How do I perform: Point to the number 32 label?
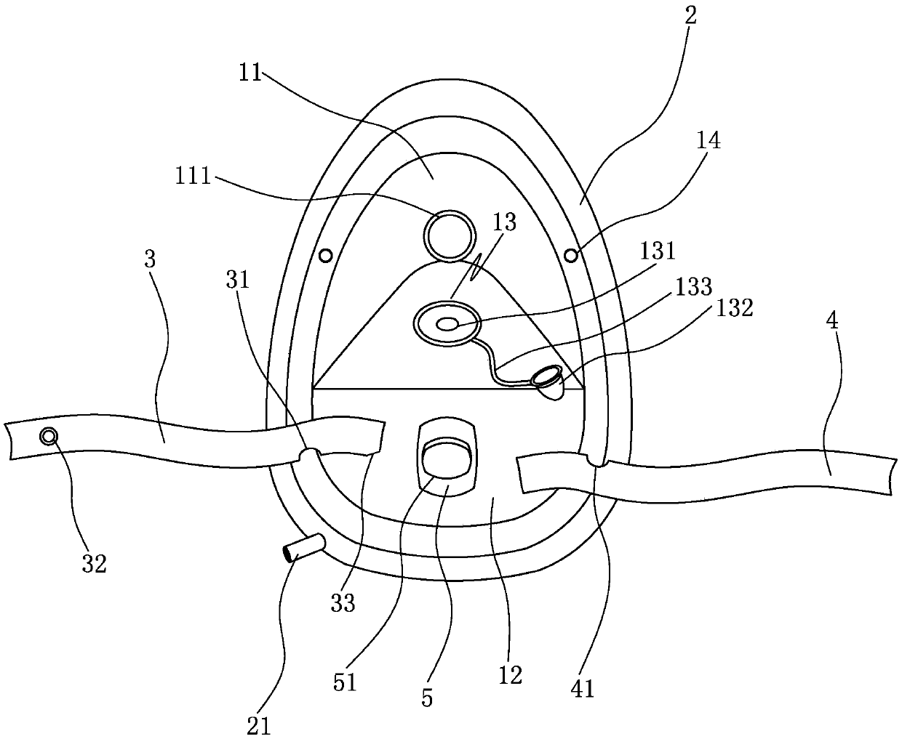tap(95, 563)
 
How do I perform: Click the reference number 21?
tap(260, 725)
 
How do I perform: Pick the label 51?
tap(345, 683)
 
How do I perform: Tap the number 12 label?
tap(510, 675)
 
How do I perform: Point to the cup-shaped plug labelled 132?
tap(549, 381)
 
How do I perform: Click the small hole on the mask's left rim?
tap(326, 255)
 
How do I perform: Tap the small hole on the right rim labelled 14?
tap(572, 255)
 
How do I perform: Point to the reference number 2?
tap(690, 17)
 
